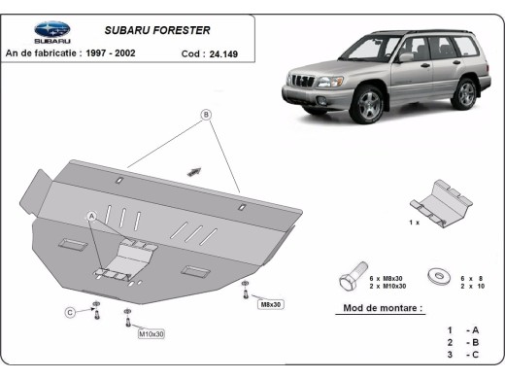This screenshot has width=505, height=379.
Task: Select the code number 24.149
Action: [x=225, y=54]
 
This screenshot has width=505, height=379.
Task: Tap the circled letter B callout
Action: [x=206, y=115]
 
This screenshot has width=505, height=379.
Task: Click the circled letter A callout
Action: [x=92, y=215]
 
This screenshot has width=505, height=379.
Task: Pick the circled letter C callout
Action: [x=71, y=312]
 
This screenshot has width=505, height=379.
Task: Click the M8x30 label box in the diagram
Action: [x=270, y=304]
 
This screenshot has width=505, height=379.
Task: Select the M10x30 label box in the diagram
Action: [x=151, y=334]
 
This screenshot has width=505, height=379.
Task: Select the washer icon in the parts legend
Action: [x=436, y=277]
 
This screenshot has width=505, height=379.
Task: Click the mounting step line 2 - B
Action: [x=462, y=343]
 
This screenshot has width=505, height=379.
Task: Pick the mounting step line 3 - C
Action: [x=462, y=357]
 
